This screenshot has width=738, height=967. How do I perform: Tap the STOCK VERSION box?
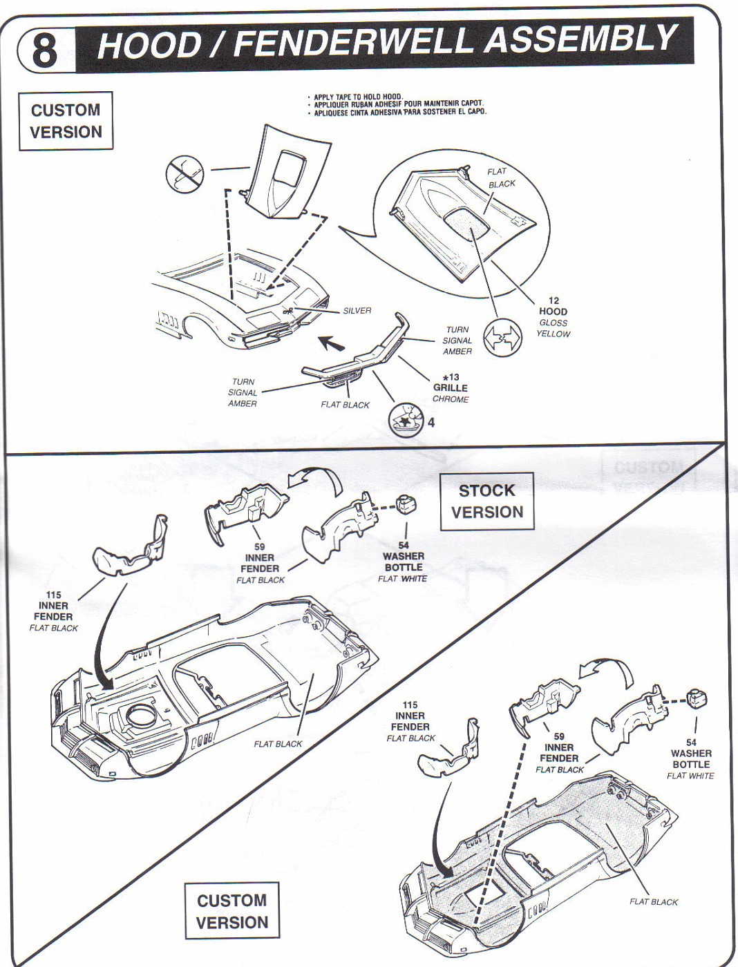(487, 501)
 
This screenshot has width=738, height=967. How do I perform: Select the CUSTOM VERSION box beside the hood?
(66, 121)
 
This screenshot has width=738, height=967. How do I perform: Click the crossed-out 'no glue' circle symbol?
(185, 175)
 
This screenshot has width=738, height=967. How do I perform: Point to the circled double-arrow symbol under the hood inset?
(502, 338)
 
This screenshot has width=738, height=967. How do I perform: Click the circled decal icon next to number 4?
(406, 421)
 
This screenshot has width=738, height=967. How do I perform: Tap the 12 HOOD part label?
(553, 306)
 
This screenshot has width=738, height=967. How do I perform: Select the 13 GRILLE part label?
(451, 383)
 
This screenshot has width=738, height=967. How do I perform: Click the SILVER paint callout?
(357, 311)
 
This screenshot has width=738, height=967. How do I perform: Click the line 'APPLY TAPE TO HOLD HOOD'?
(359, 97)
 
